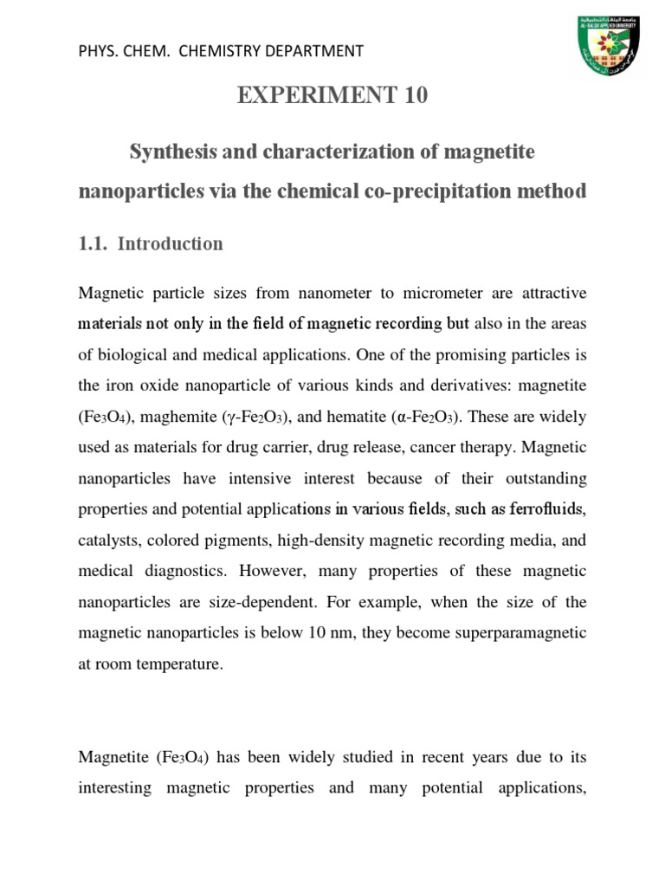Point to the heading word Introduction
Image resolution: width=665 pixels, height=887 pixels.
point(170,244)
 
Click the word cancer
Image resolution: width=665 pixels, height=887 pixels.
point(420,448)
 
